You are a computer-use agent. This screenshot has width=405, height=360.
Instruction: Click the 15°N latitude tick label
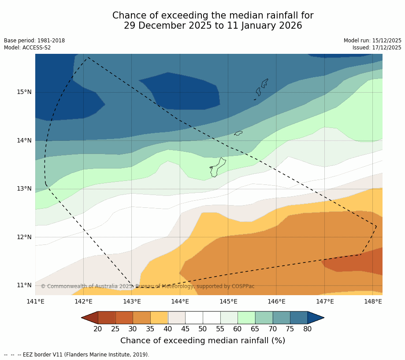tap(24, 92)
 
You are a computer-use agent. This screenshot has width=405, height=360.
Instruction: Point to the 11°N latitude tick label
tap(24, 285)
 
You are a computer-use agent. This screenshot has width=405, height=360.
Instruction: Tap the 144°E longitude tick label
tap(180, 302)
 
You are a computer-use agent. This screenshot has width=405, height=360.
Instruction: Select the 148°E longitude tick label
tap(373, 302)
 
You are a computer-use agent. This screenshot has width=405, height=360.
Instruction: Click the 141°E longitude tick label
tap(35, 302)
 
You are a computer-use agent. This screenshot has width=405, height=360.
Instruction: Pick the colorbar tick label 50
tap(203, 329)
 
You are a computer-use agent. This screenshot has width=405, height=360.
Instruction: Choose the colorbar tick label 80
tap(307, 329)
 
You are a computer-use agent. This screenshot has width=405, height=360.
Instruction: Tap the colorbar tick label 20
tap(98, 329)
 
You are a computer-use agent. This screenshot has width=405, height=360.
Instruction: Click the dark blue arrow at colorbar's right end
tap(315, 318)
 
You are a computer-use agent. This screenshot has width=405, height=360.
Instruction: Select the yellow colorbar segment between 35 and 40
tap(159, 318)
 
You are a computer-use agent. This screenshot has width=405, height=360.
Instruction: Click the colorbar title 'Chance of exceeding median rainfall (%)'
tap(203, 341)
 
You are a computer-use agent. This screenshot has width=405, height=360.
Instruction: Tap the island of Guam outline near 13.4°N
tap(217, 168)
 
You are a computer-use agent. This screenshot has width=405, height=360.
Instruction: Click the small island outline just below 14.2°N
tap(238, 133)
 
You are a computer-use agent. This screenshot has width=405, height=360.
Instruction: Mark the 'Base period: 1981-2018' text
tap(34, 41)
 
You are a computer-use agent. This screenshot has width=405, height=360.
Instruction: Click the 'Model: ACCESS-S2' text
tap(27, 48)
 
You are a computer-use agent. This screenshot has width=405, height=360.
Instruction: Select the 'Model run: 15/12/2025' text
tap(372, 41)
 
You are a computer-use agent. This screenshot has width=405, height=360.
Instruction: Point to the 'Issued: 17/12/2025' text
tap(377, 48)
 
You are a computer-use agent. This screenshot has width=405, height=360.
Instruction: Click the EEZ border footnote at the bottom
tap(77, 355)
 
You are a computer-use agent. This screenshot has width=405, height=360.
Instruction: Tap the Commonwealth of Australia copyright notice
tap(148, 286)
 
